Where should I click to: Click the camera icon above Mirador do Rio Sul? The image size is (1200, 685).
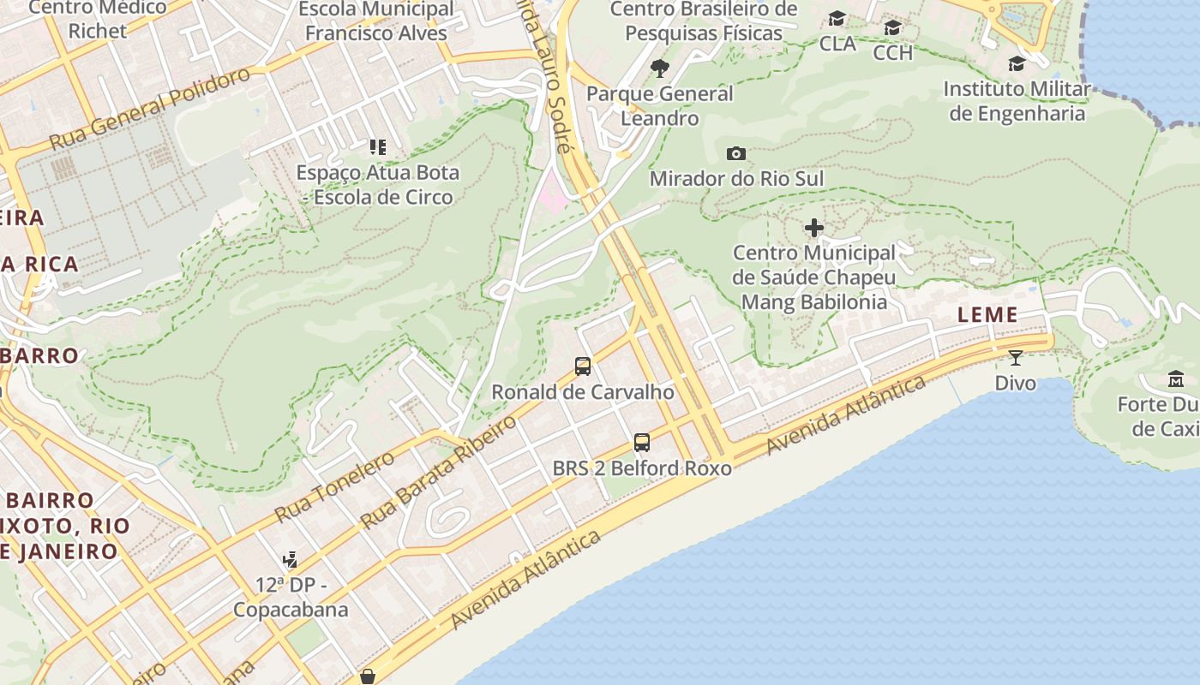[735, 154]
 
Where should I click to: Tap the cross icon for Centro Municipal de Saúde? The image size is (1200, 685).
[814, 228]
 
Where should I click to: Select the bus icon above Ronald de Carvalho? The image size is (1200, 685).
[583, 366]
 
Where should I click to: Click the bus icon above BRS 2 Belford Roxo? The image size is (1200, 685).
[642, 443]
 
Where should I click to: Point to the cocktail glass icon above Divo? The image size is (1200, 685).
[1016, 357]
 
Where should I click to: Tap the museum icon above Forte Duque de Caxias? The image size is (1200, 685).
[1176, 378]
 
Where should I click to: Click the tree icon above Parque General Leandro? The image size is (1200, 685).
[659, 68]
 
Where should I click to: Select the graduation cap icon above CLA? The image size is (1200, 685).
[837, 18]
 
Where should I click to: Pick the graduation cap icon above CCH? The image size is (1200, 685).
[892, 27]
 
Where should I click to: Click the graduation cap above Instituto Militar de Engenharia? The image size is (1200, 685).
[1017, 64]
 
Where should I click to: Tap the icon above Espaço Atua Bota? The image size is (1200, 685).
[377, 147]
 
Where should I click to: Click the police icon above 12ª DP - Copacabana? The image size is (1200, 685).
[290, 560]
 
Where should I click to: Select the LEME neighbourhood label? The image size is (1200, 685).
[987, 315]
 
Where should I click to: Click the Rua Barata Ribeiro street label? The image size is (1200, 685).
[438, 473]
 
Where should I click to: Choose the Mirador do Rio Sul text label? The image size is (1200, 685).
[736, 179]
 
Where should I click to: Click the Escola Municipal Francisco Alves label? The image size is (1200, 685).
[376, 21]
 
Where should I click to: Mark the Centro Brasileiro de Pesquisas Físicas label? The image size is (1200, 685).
[703, 21]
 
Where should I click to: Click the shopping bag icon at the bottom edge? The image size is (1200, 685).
[368, 677]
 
